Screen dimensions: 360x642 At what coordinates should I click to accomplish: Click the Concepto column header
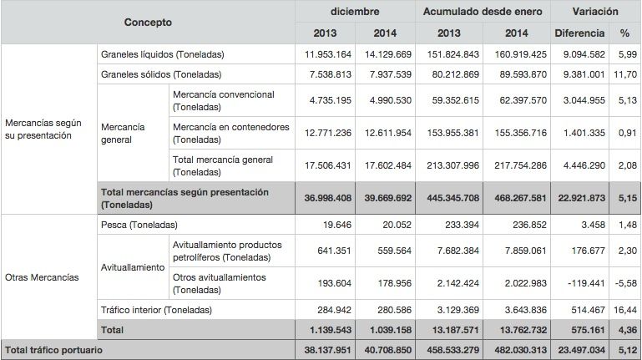148,23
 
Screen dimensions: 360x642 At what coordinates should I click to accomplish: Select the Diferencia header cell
579,34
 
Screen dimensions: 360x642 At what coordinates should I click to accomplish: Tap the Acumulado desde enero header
482,12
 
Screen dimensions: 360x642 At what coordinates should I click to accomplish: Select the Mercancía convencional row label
223,100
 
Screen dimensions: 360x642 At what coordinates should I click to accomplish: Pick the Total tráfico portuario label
54,349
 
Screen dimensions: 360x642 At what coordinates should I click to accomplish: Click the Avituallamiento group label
132,267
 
